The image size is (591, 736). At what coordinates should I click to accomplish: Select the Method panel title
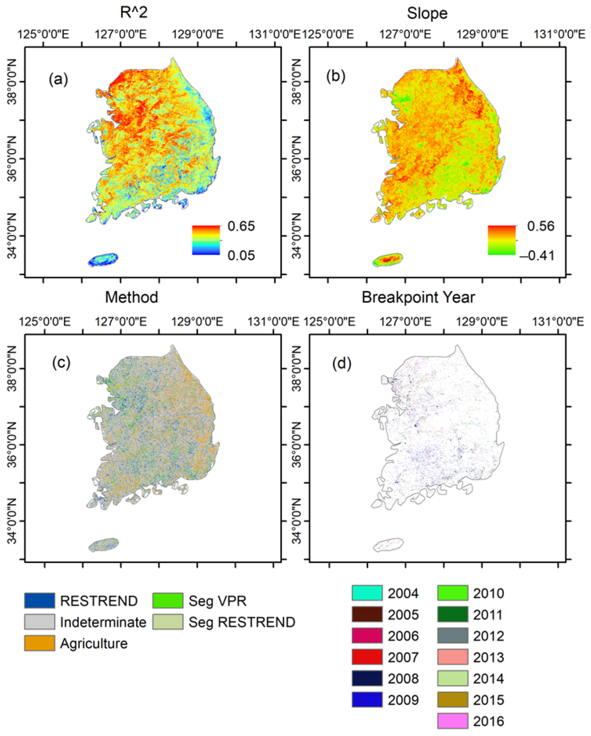(132, 297)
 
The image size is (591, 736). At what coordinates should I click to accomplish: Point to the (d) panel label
(342, 364)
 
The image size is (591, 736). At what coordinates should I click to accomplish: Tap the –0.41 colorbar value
(537, 255)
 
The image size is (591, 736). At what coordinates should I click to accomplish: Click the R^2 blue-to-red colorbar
(206, 240)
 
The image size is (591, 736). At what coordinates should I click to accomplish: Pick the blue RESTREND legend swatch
(40, 601)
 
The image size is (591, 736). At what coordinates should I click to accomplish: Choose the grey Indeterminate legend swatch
(40, 622)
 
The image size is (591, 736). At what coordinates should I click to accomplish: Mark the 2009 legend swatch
(367, 700)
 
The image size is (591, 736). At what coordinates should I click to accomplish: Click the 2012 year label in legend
(488, 636)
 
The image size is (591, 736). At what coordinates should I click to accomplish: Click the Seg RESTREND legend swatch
(168, 622)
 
